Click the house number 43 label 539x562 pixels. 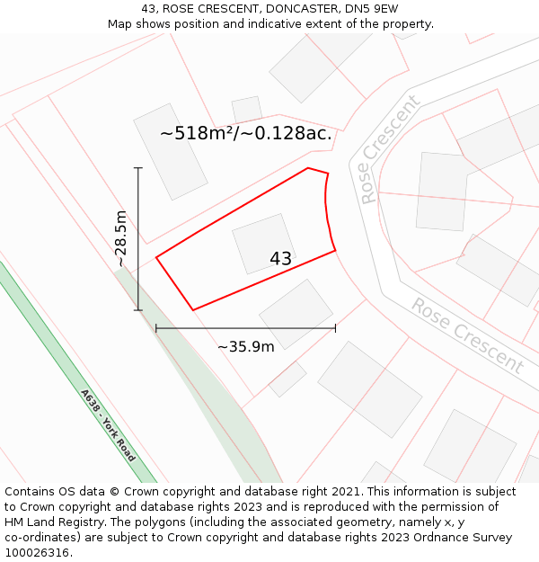tap(280, 259)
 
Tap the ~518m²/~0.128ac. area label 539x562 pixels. tap(246, 134)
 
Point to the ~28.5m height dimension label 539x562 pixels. tap(121, 238)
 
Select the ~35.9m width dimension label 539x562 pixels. tap(245, 347)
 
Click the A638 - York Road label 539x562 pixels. tap(108, 425)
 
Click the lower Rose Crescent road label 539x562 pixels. tap(467, 335)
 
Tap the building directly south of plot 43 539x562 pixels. tap(296, 314)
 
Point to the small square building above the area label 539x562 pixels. tap(247, 109)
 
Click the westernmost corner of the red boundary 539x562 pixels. tap(156, 258)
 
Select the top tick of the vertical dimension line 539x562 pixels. tap(138, 167)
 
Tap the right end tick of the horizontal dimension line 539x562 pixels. tap(335, 328)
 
